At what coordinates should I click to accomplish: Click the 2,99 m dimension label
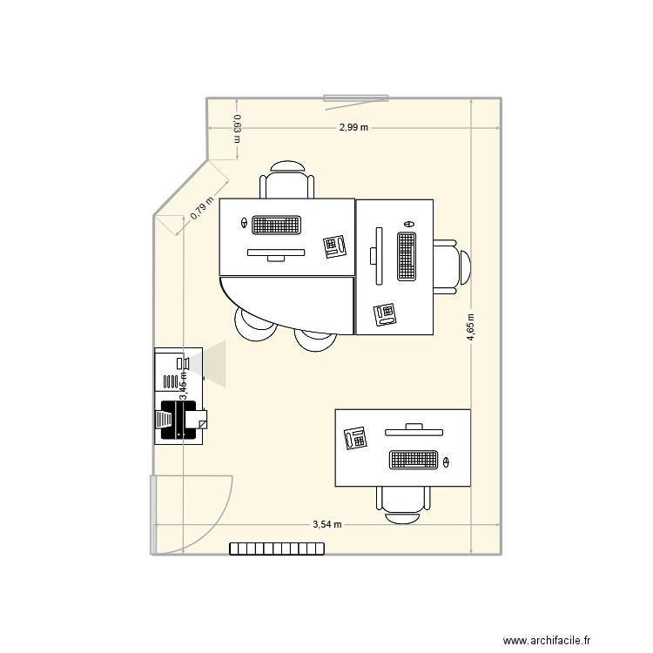(x=354, y=128)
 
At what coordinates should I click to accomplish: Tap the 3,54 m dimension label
(x=327, y=525)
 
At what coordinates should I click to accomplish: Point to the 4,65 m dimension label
(x=471, y=328)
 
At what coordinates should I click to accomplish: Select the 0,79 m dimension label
(x=202, y=208)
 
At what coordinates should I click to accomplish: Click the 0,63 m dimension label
(x=237, y=129)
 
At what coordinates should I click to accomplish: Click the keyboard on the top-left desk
(x=277, y=225)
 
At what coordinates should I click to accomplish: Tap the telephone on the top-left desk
(x=334, y=246)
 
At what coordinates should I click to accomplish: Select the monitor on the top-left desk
(x=276, y=253)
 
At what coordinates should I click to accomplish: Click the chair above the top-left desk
(x=286, y=181)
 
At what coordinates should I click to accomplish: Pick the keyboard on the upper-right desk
(x=407, y=256)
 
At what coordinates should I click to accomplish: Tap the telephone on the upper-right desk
(x=385, y=313)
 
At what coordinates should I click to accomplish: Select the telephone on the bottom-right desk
(x=355, y=437)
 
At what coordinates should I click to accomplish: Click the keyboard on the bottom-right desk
(x=413, y=459)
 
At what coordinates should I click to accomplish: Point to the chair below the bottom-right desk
(x=403, y=503)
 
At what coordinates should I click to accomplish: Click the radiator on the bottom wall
(x=277, y=549)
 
